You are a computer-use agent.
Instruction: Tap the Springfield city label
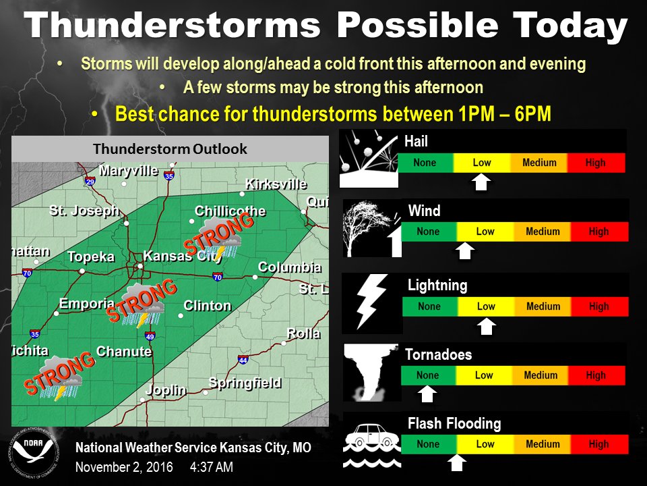[x=245, y=383]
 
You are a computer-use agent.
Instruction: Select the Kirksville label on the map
[x=276, y=184]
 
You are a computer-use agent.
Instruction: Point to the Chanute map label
[x=124, y=352]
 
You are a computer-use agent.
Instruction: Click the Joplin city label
[x=166, y=390]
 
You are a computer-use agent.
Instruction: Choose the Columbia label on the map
[x=289, y=267]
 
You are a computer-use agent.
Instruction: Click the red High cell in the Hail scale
[x=596, y=163]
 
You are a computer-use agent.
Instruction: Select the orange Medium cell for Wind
[x=543, y=232]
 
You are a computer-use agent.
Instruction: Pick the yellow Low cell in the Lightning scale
[x=486, y=306]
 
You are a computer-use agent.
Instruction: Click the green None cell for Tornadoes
[x=428, y=376]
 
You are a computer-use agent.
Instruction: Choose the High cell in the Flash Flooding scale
[x=598, y=445]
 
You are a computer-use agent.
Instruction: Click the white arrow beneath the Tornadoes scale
[x=428, y=394]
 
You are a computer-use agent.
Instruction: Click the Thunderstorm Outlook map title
[x=170, y=148]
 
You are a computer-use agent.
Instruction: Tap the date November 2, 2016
[x=124, y=467]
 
